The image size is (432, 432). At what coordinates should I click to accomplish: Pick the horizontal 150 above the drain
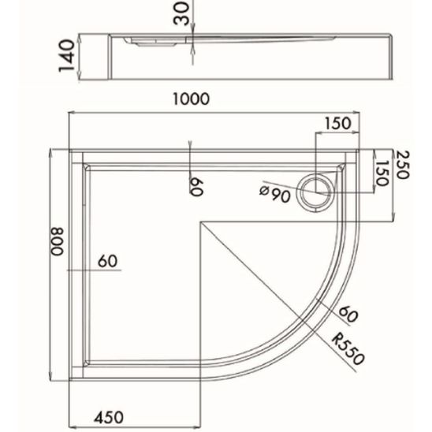tap(337, 123)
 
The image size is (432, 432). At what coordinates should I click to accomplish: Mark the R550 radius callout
tap(349, 352)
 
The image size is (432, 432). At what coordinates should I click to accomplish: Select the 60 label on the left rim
tap(107, 261)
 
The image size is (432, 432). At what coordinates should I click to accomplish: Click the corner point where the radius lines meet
tap(202, 222)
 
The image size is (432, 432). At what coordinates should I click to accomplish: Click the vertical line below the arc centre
tap(202, 315)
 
